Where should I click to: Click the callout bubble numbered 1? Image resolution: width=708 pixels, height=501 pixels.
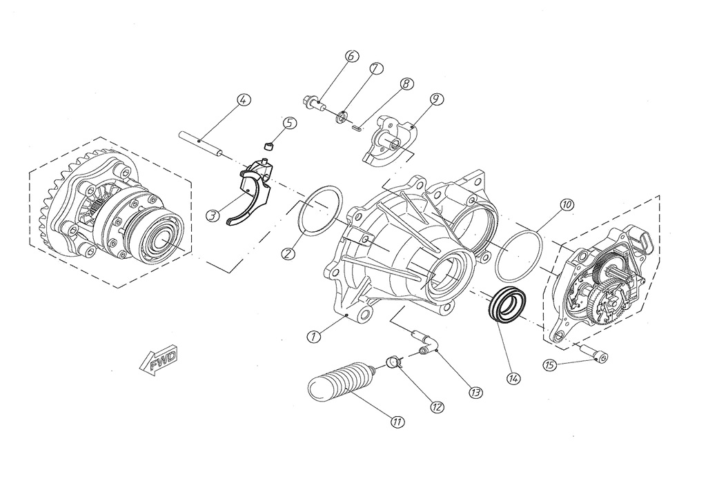(313, 337)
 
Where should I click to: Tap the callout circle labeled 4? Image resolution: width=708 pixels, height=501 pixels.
(242, 99)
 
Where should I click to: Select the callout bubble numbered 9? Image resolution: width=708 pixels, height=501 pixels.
(435, 99)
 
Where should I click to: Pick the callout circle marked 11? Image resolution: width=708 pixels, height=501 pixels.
(397, 420)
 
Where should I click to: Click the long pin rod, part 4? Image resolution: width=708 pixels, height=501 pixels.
(204, 142)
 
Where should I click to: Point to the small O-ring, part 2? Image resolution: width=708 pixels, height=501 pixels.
(321, 210)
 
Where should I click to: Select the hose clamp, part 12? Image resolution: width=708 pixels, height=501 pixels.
(393, 361)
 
